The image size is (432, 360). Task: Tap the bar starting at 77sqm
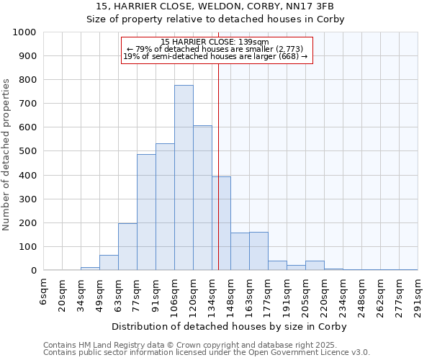click(146, 212)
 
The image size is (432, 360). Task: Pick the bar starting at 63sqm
click(127, 247)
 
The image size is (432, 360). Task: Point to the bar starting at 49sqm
click(109, 263)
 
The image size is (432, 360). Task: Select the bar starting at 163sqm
click(258, 251)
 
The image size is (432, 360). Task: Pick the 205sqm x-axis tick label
click(306, 295)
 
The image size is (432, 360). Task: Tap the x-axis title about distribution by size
click(230, 327)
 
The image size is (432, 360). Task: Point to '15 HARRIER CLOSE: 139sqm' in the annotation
click(215, 42)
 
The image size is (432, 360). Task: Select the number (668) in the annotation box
click(288, 57)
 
